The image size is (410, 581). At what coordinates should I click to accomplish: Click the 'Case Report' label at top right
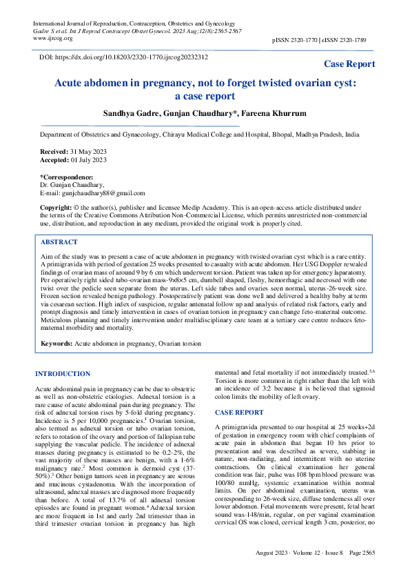tap(349, 64)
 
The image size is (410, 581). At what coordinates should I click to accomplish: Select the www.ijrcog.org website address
tap(54, 39)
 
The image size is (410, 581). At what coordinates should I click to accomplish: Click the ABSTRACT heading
tap(59, 243)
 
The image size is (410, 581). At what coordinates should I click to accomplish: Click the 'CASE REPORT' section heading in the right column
tap(239, 412)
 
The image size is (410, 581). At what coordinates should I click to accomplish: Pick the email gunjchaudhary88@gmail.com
tap(103, 193)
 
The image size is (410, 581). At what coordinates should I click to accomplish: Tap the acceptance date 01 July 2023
tap(88, 160)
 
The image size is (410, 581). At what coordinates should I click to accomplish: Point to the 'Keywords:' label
tap(57, 343)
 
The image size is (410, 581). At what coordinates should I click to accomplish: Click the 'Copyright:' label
tap(56, 208)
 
